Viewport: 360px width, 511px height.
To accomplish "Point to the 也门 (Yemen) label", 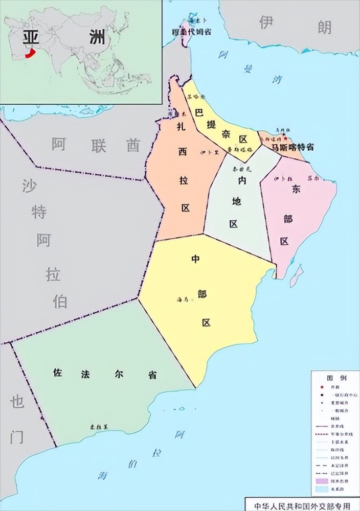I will [17, 419].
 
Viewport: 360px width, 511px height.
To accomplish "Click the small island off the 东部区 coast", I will [296, 276].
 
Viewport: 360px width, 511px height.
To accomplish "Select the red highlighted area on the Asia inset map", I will [31, 53].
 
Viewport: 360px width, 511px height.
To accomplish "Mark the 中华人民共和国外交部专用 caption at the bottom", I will [302, 505].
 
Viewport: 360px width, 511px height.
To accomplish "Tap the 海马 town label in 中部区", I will [183, 299].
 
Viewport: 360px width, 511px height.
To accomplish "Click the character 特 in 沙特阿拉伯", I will [39, 213].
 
